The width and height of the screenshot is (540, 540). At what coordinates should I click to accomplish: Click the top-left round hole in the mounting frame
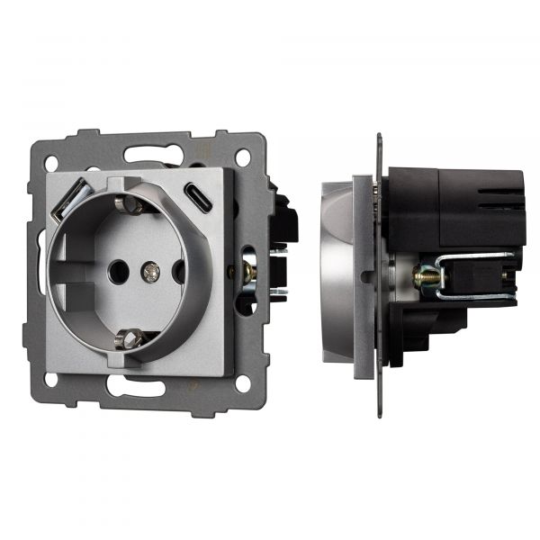point(51,163)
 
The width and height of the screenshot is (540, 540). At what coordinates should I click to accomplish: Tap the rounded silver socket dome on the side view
point(337,270)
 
